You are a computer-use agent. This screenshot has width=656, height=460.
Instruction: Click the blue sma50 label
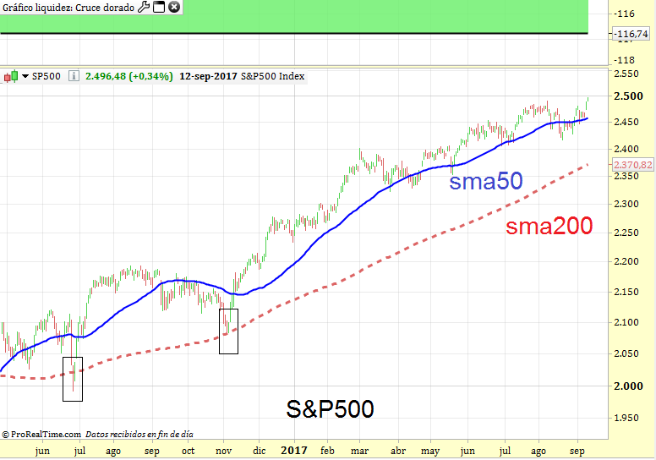tap(485, 182)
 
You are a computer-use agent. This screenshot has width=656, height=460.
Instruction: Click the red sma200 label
tap(549, 226)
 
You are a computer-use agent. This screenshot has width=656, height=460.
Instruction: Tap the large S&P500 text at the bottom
tap(330, 409)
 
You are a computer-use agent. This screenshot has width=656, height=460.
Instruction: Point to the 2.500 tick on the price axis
tap(627, 96)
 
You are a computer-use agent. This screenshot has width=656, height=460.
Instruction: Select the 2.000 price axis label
tap(627, 386)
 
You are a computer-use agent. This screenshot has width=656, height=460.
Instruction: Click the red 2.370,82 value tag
tap(632, 165)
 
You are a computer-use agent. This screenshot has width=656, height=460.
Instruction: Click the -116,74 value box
tap(632, 34)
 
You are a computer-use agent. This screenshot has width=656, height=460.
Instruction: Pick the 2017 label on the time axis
tap(293, 451)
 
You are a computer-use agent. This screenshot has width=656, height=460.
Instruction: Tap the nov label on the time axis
tap(223, 451)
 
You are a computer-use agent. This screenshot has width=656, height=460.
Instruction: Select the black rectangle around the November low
tap(228, 331)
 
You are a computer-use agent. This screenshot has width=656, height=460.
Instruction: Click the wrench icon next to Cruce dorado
tap(143, 7)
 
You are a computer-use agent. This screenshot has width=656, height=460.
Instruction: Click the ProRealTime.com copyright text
tap(41, 434)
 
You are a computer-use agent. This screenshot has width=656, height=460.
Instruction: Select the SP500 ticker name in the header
tap(46, 76)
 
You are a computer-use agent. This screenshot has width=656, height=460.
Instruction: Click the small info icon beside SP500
tap(74, 76)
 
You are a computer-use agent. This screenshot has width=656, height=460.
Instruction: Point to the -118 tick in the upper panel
tap(626, 60)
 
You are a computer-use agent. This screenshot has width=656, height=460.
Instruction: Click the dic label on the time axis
tap(259, 451)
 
